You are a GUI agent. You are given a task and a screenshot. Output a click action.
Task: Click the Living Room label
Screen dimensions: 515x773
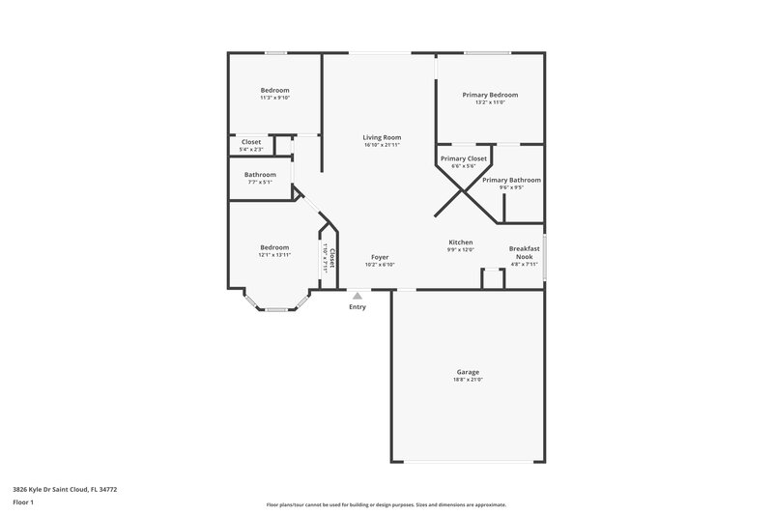click(382, 137)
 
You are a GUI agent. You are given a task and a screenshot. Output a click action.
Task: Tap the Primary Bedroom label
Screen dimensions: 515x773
click(490, 95)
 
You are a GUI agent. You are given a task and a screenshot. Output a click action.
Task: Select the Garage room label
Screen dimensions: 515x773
click(468, 372)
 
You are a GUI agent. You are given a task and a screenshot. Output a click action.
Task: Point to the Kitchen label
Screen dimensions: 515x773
click(460, 242)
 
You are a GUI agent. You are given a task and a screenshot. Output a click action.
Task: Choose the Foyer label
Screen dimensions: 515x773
click(380, 257)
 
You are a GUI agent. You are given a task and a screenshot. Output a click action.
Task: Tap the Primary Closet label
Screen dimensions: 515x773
click(464, 157)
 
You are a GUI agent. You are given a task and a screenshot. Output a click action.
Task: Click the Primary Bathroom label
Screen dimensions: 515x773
click(511, 180)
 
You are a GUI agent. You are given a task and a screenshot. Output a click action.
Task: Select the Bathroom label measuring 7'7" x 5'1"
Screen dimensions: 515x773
click(260, 175)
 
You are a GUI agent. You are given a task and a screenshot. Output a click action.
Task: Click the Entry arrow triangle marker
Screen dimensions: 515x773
click(358, 296)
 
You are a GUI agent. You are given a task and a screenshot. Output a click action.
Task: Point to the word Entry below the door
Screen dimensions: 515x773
click(358, 307)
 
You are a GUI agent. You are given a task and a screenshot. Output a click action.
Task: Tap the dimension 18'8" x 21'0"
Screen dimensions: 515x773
click(468, 380)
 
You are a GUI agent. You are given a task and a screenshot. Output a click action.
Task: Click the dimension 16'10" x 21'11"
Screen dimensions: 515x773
click(382, 145)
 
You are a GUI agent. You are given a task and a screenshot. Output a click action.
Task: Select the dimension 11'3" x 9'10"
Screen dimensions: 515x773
click(274, 98)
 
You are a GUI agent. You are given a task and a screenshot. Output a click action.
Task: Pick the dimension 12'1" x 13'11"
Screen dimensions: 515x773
click(274, 255)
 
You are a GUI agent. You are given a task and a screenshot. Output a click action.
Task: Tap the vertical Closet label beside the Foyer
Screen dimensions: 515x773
click(332, 257)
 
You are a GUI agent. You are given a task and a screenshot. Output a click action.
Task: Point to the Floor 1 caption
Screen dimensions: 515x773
click(23, 502)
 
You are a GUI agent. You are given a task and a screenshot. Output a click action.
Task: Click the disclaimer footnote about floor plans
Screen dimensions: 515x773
click(386, 504)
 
